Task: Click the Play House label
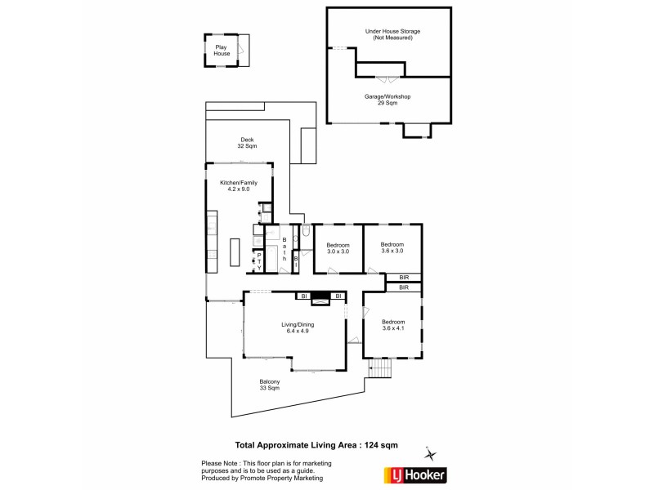coord(221,51)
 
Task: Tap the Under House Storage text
coord(388,34)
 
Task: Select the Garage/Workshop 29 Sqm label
coord(387,100)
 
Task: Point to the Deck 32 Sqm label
coord(247,143)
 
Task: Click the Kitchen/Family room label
coord(239,187)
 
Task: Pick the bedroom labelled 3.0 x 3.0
coord(338,248)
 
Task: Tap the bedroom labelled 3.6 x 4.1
coord(393,325)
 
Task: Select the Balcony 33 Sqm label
coord(271,385)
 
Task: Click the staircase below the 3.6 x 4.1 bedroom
coord(380,372)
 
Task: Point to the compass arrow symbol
coord(432,454)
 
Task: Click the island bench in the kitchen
coord(234,252)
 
